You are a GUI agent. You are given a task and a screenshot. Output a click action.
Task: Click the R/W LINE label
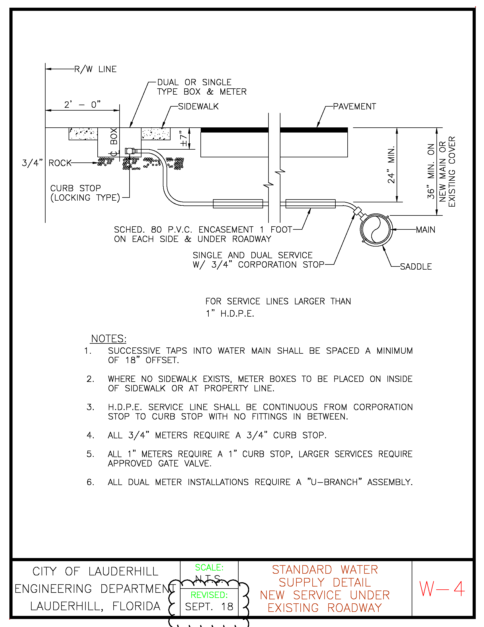click(95, 69)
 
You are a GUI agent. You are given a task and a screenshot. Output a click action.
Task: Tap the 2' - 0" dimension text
click(82, 104)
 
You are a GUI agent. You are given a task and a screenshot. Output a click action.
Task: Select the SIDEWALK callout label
click(198, 107)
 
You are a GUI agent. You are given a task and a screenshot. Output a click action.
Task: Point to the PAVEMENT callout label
click(354, 107)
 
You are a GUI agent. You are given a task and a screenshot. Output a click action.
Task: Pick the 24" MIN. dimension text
click(391, 165)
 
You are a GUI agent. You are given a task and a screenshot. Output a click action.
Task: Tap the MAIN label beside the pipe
click(426, 230)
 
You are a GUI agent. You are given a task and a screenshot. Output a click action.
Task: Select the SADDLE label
click(416, 267)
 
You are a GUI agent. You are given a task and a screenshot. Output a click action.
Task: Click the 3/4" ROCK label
click(46, 163)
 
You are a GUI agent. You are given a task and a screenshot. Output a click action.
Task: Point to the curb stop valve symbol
click(130, 151)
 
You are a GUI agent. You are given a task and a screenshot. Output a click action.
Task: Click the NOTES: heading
click(109, 339)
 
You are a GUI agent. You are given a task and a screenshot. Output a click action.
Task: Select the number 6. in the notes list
click(90, 482)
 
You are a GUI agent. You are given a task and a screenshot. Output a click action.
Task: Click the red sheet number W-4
click(442, 589)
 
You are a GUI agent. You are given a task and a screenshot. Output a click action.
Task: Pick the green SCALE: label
click(209, 567)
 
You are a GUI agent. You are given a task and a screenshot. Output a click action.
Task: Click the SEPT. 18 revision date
click(209, 606)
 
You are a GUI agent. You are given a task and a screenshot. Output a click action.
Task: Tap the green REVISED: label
click(209, 595)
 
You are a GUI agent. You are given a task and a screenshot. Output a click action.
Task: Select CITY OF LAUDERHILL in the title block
click(95, 572)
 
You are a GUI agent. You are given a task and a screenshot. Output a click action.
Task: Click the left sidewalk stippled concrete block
click(83, 134)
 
